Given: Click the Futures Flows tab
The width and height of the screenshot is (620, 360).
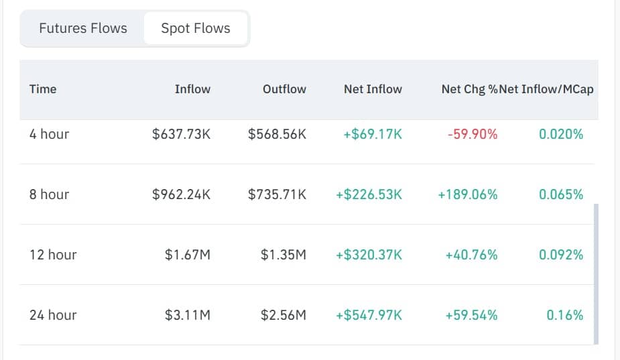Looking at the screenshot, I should [83, 28].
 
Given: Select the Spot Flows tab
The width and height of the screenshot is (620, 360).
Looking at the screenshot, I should [196, 28].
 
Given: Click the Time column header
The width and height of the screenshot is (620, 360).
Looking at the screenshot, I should [43, 89].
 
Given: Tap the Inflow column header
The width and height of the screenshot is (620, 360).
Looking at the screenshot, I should [192, 89].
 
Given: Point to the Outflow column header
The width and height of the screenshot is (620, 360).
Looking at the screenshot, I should [284, 89].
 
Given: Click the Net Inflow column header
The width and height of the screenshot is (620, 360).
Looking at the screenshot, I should [373, 89].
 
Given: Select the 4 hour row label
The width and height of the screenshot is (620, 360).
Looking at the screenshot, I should [49, 134].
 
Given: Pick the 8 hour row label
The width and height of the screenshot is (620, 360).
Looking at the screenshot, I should [49, 194].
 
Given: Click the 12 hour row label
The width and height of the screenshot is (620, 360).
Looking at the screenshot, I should [53, 255].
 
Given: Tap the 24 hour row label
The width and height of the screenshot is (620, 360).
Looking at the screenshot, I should [53, 315].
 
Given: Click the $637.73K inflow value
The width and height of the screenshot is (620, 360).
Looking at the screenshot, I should [182, 134].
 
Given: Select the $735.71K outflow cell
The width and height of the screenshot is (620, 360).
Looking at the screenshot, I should [277, 194].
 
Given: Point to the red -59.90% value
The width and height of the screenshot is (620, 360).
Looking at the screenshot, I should [473, 134].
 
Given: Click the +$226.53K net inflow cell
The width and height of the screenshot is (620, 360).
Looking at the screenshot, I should [369, 194].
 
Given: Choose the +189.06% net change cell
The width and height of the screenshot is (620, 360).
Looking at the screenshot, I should [468, 194].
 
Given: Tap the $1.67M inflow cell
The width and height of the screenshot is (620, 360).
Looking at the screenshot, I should [188, 255].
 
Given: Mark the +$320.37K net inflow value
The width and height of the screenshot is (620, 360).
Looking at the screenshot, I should [369, 255].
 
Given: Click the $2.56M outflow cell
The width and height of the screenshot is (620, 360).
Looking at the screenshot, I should [284, 315].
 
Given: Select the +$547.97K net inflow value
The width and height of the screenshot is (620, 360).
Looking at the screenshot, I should [369, 315].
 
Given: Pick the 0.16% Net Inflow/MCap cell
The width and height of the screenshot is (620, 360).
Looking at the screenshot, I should [565, 315].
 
